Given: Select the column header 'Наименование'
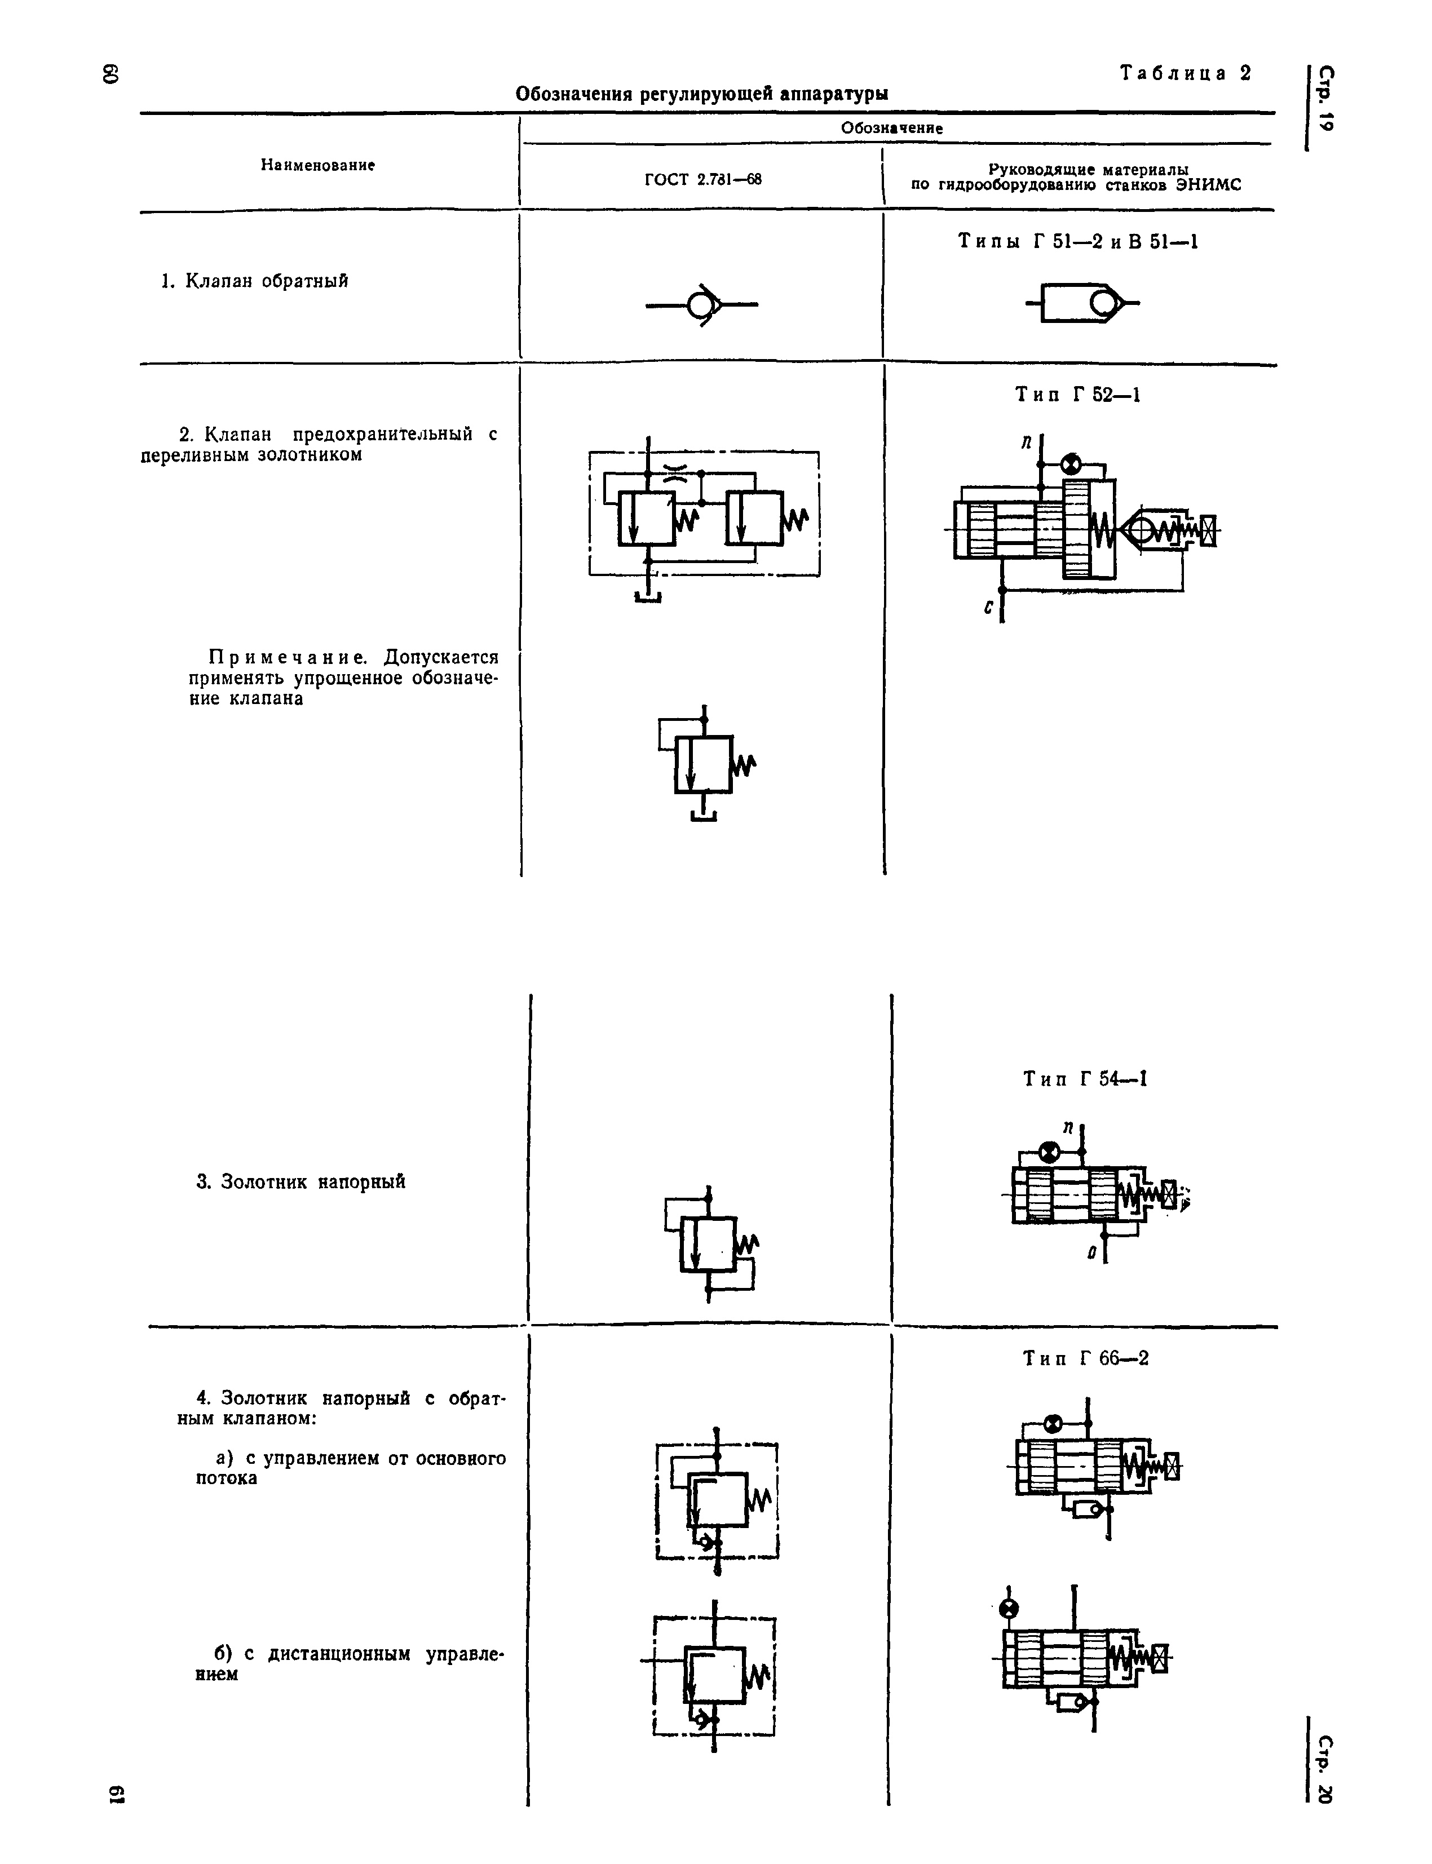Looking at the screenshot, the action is [x=318, y=165].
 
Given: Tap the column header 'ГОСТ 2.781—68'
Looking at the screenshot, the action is [x=702, y=180].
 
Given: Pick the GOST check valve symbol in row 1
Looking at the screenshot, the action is [x=701, y=304].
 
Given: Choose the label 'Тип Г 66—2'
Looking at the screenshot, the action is [x=1086, y=1358].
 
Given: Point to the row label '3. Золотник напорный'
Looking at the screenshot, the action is [x=301, y=1181].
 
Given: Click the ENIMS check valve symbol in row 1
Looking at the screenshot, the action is [x=1082, y=303].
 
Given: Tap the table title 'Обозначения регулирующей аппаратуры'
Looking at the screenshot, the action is [x=701, y=94].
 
